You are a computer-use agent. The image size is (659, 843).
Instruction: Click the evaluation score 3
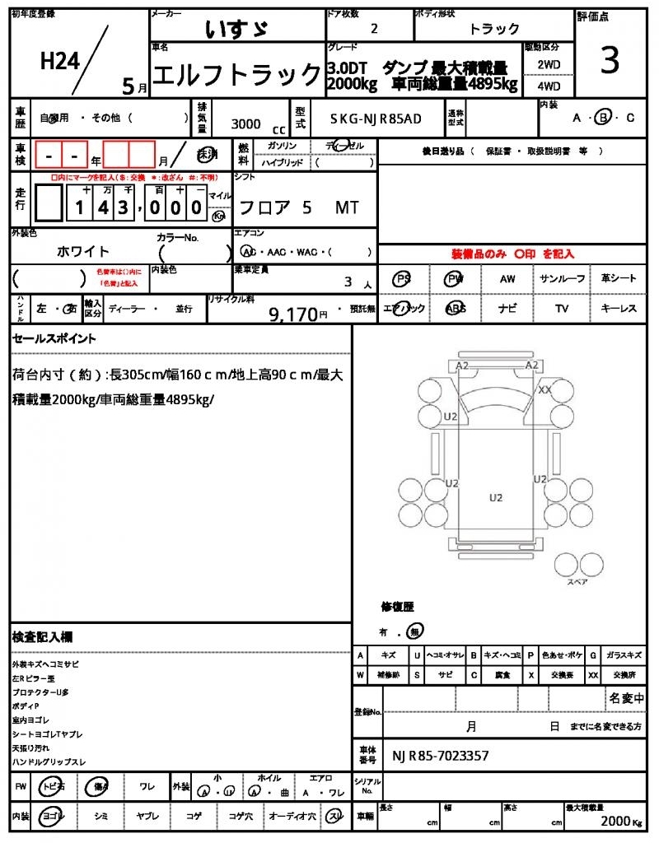610,62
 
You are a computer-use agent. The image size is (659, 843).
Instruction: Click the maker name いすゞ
235,29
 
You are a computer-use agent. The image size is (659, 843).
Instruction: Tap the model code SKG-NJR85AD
376,119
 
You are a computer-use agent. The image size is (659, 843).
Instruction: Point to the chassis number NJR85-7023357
441,756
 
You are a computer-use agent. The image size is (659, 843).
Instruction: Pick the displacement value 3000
246,123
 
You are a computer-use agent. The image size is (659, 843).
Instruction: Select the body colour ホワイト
82,251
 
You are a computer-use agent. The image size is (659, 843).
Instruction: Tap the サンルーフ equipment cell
562,279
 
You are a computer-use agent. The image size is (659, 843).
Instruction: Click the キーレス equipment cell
619,309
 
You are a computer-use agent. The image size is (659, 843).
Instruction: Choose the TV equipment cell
562,309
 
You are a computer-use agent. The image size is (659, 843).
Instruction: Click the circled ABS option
456,309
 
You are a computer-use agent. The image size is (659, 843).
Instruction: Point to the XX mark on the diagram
544,390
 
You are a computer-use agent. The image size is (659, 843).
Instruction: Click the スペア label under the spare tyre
577,582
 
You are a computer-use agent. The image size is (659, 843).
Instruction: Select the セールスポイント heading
54,338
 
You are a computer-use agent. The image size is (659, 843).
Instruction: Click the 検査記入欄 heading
42,637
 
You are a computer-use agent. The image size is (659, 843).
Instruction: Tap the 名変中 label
626,698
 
